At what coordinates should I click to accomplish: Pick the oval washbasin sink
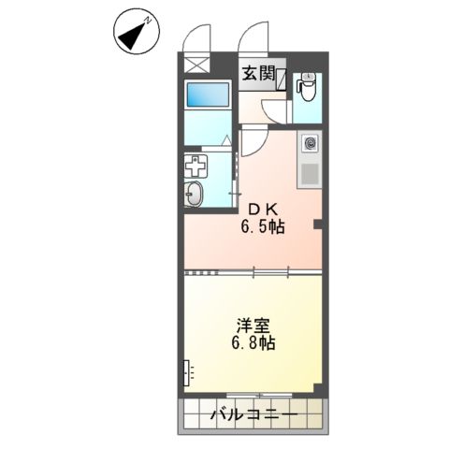[x=195, y=196]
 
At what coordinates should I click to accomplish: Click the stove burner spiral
[x=311, y=145]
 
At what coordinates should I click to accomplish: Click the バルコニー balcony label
[x=253, y=414]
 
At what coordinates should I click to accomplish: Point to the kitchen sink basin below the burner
[x=310, y=173]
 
